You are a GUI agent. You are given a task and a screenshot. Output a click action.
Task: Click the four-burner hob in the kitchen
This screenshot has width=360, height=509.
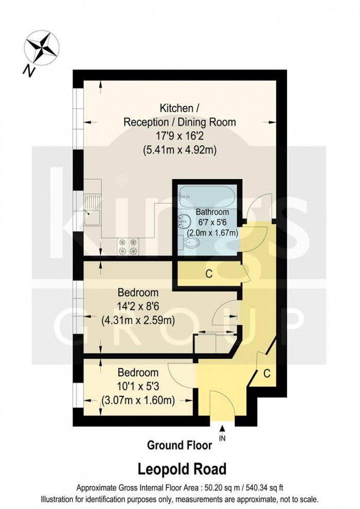129,246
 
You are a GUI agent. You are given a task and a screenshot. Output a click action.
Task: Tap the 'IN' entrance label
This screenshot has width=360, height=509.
222,438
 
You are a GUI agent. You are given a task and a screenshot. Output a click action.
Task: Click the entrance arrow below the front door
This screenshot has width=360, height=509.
222,429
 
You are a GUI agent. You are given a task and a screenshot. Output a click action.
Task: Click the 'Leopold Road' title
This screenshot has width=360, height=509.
181,469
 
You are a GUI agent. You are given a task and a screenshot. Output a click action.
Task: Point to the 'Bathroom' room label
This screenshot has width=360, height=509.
212,212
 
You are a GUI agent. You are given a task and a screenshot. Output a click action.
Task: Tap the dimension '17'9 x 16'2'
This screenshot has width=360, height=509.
179,136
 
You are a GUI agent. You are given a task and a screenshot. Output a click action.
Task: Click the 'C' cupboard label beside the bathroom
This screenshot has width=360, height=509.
209,274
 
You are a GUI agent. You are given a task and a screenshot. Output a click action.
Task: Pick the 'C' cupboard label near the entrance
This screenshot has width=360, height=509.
267,373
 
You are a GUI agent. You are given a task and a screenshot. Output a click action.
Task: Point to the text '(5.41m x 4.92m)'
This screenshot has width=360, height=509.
179,151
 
